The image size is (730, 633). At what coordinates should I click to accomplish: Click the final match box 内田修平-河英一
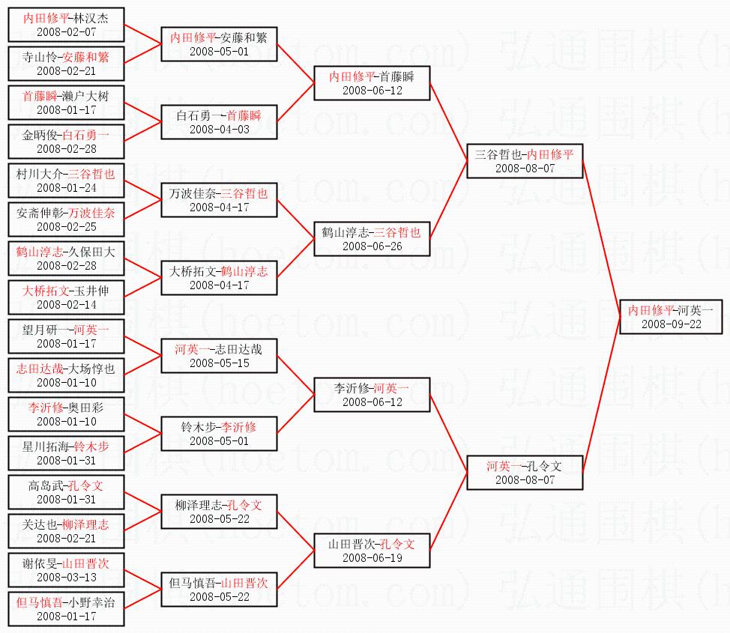671,316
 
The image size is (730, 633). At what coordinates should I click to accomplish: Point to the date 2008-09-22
671,324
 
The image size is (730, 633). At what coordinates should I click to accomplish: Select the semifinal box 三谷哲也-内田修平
525,160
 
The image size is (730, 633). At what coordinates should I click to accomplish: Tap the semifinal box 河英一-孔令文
525,472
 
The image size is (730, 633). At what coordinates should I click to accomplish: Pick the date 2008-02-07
66,31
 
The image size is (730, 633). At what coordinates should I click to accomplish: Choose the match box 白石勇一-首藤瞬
219,121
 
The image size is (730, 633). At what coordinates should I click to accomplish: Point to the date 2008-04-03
219,129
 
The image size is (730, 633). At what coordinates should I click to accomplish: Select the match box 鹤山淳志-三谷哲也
372,238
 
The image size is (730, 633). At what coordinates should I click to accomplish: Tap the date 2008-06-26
372,246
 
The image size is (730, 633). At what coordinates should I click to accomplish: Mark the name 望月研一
43,329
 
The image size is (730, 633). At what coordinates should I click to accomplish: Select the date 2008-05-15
219,363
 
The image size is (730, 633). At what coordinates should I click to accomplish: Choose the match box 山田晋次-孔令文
372,550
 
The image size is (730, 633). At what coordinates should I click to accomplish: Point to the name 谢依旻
40,563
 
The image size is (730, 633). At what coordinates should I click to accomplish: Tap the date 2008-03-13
66,577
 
